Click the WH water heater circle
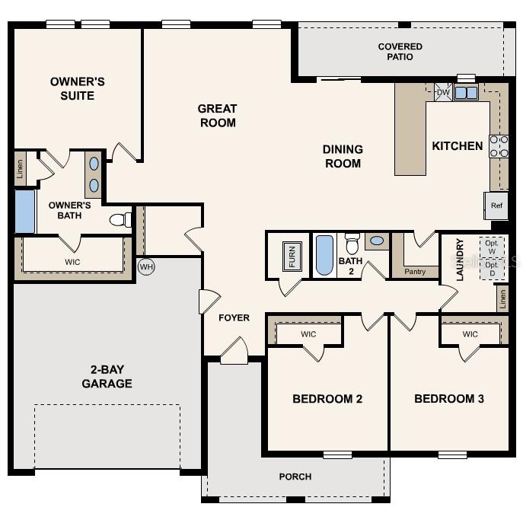pyautogui.click(x=146, y=266)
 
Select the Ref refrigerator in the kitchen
pyautogui.click(x=496, y=206)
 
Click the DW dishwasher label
pyautogui.click(x=443, y=93)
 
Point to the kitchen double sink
pyautogui.click(x=466, y=93)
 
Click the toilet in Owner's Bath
pyautogui.click(x=120, y=221)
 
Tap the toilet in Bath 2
pyautogui.click(x=352, y=244)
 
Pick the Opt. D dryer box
pyautogui.click(x=492, y=268)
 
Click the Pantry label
pyautogui.click(x=415, y=271)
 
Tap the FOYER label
pyautogui.click(x=234, y=317)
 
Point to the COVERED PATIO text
pyautogui.click(x=400, y=52)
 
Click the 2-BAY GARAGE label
pyautogui.click(x=107, y=377)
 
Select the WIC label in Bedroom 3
pyautogui.click(x=470, y=334)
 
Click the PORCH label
pyautogui.click(x=295, y=477)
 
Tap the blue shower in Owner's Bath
pyautogui.click(x=25, y=212)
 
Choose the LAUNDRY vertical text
pyautogui.click(x=460, y=260)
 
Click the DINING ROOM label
pyautogui.click(x=343, y=156)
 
